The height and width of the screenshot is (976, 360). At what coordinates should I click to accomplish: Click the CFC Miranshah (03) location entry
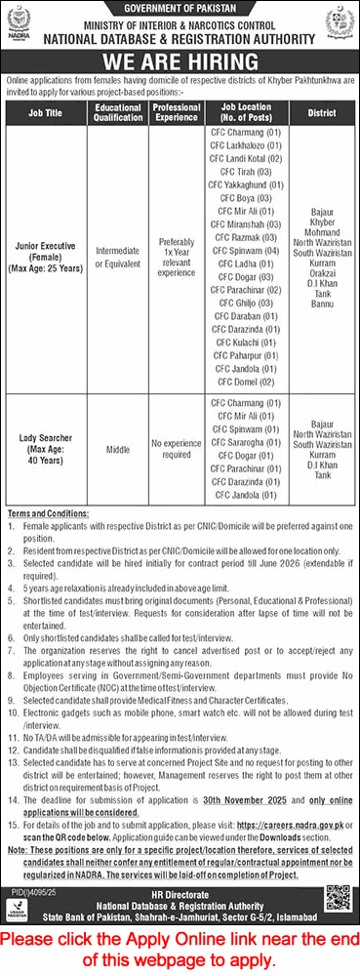coord(245,224)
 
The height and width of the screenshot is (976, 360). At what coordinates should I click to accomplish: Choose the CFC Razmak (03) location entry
coord(245,237)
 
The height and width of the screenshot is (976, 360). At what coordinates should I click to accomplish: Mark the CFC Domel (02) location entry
coord(245,383)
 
